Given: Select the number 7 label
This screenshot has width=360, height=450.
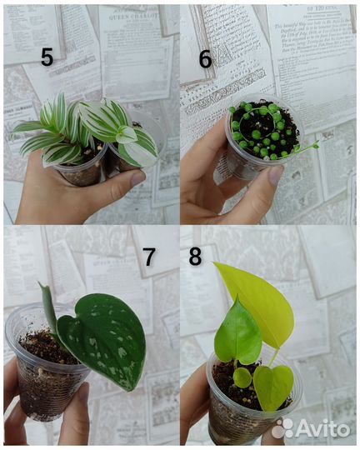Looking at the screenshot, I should (x=149, y=257).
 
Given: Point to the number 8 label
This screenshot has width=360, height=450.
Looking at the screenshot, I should (x=195, y=256).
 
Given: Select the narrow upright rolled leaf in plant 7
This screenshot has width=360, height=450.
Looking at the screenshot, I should (x=48, y=307).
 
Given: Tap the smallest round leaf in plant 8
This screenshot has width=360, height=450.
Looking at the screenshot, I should (x=242, y=377).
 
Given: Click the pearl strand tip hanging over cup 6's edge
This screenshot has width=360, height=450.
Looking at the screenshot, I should (x=315, y=145).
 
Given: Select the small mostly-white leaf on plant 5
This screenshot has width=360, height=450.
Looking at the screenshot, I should (x=126, y=133).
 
